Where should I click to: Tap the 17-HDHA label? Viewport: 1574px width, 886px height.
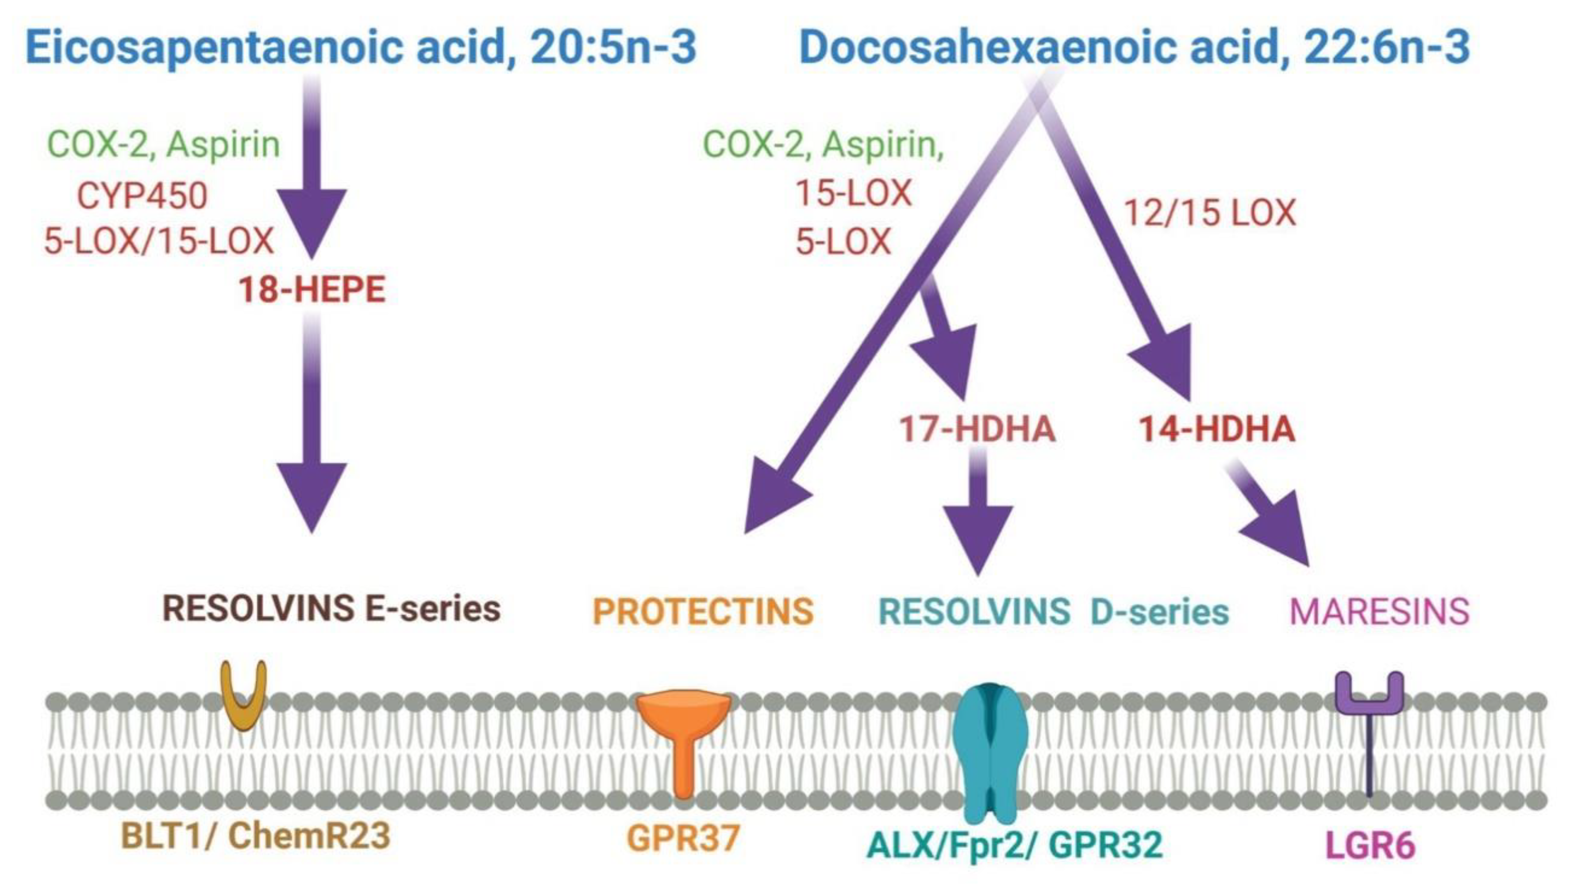coord(977,429)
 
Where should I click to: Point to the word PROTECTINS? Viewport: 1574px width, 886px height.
coord(703,611)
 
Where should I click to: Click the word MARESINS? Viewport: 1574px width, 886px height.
coord(1379,611)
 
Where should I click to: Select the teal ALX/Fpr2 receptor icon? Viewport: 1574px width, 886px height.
coord(990,751)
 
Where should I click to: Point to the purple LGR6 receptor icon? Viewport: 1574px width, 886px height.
coord(1369,714)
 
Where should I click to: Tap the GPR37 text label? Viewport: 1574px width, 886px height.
coord(683,838)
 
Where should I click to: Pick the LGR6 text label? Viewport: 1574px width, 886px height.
coord(1369,845)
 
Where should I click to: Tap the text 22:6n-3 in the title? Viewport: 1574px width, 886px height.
coord(1386,47)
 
